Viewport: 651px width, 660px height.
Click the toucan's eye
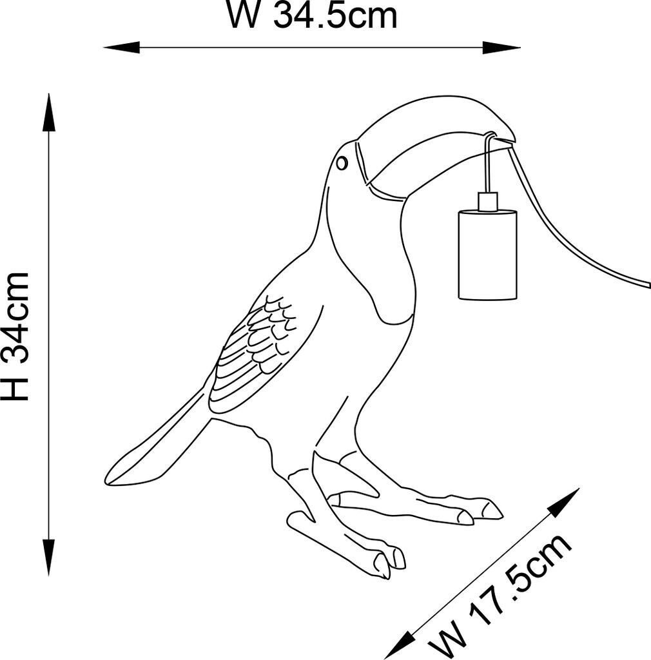342,163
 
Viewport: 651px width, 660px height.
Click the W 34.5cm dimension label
312,16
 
